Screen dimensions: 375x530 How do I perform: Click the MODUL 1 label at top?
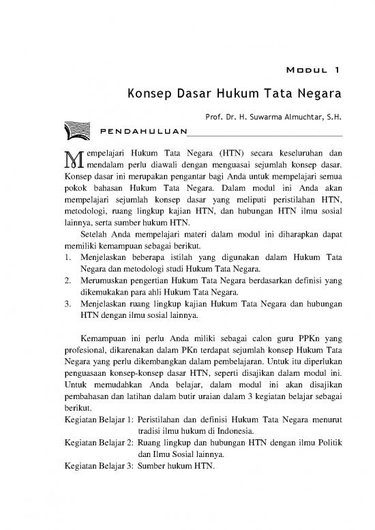[x=310, y=69]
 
